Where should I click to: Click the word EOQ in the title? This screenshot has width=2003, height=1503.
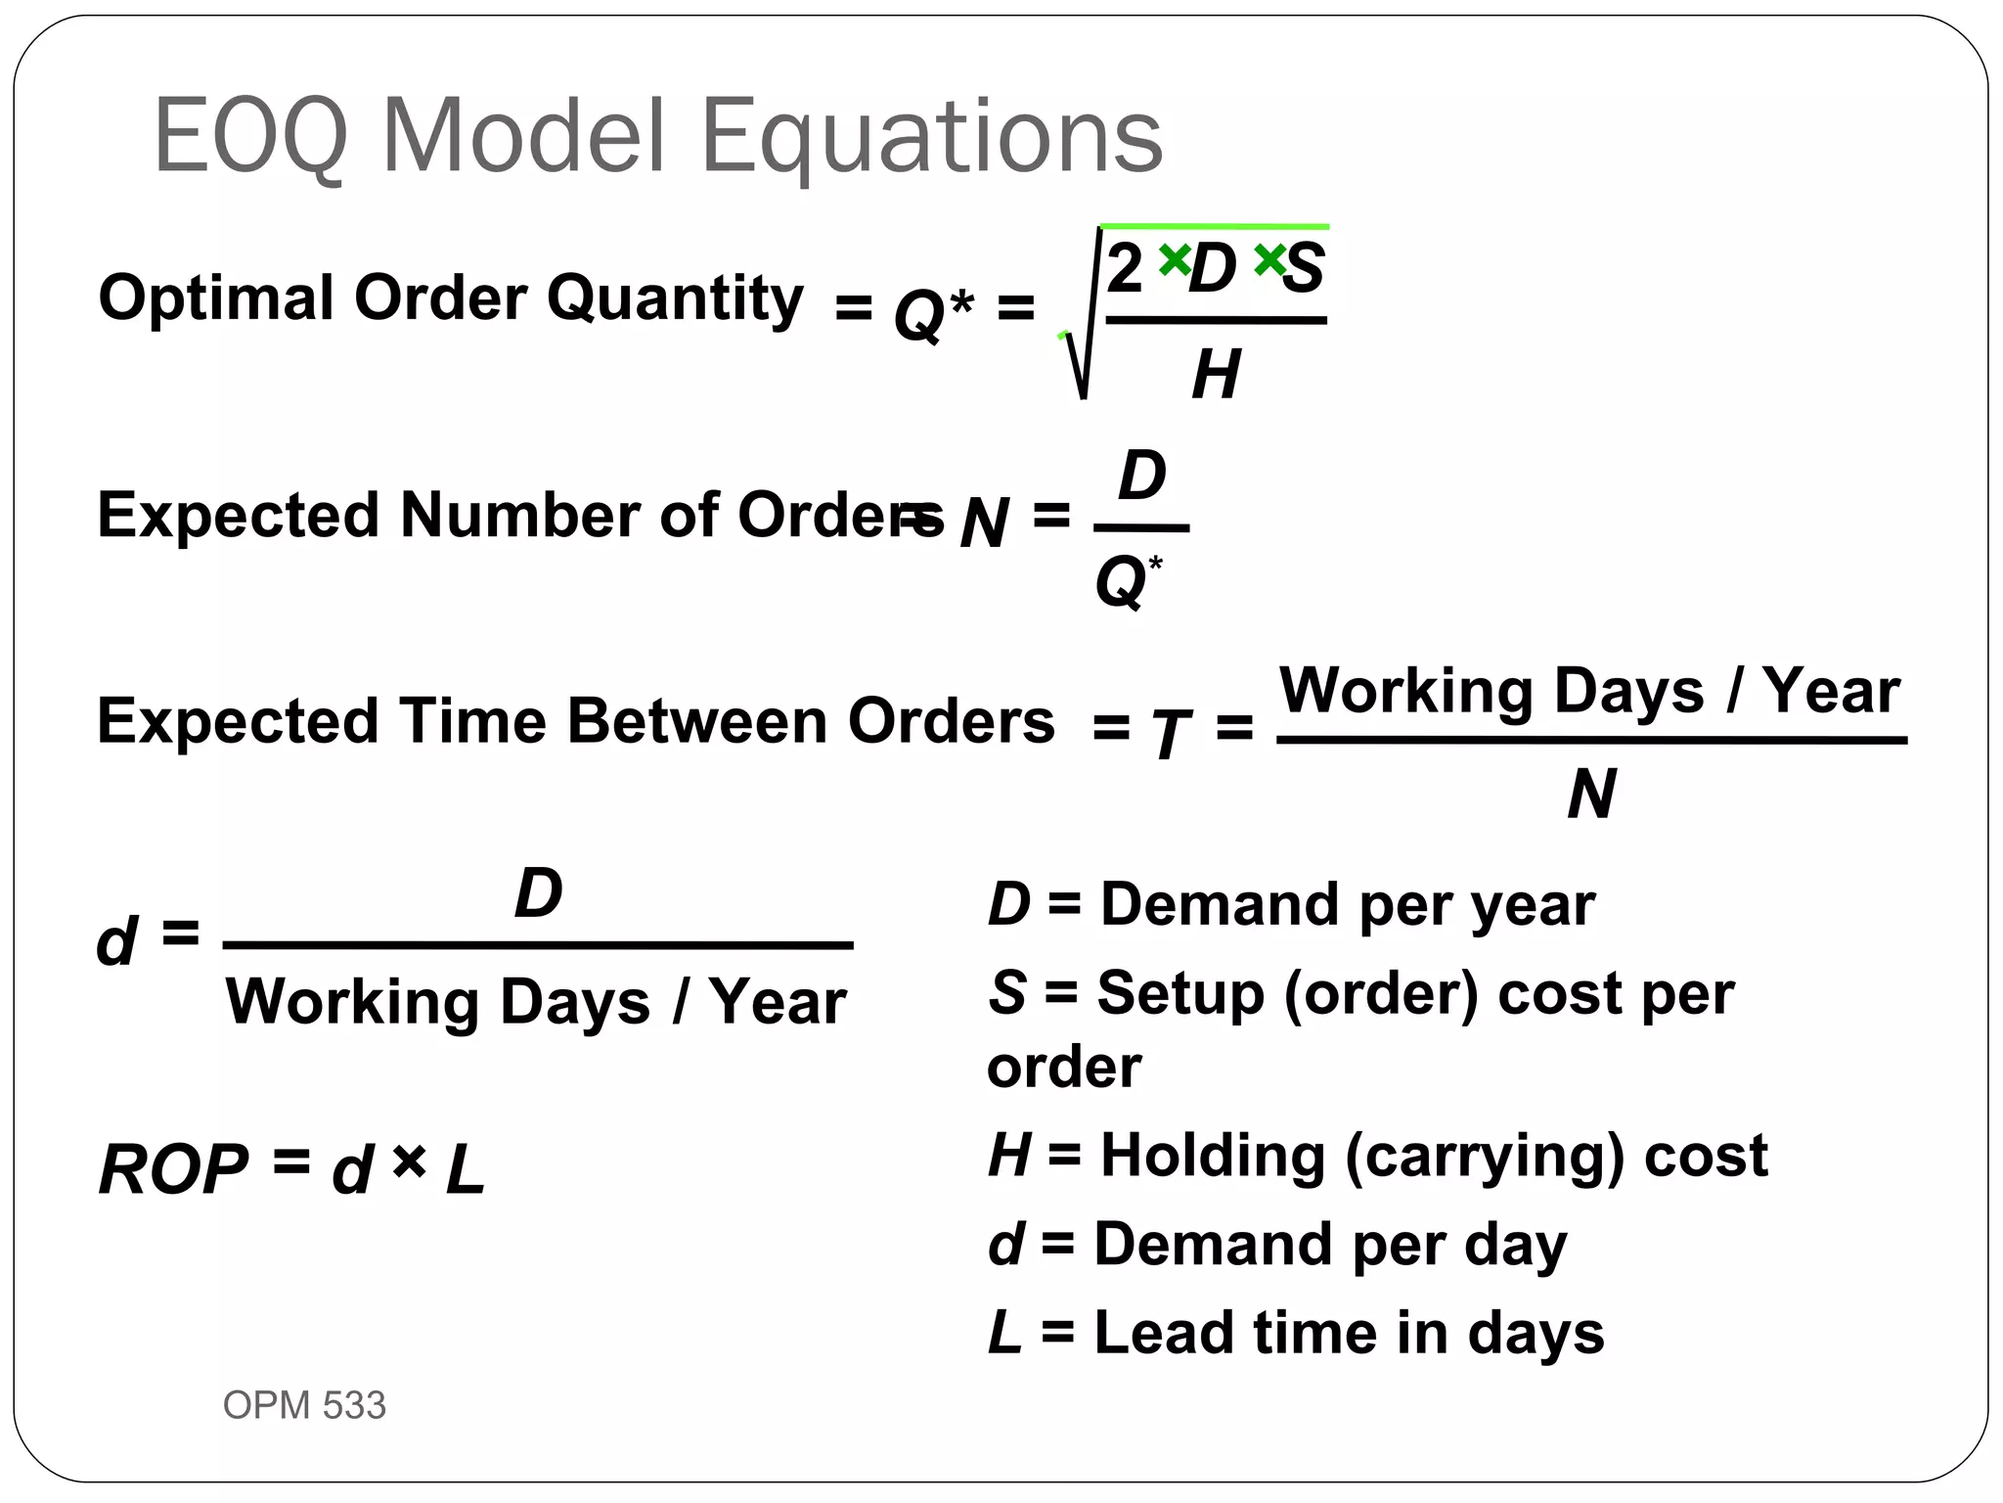[x=250, y=136]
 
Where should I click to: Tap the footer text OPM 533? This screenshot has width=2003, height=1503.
[x=304, y=1405]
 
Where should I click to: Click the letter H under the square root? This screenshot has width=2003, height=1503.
[x=1216, y=375]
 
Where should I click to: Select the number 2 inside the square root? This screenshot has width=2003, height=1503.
[x=1125, y=267]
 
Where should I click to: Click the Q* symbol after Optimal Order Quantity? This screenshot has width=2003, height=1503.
[x=933, y=313]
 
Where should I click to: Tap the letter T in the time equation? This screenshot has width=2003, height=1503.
[x=1170, y=734]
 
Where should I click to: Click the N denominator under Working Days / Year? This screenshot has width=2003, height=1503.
[x=1590, y=795]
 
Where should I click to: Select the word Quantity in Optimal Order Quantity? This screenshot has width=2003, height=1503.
[x=675, y=298]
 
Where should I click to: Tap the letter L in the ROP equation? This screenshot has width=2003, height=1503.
[x=465, y=1170]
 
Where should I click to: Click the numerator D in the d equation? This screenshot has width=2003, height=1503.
[x=538, y=893]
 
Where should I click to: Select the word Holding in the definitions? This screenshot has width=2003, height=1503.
[x=1213, y=1156]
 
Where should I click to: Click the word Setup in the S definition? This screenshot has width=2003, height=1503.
[x=1180, y=993]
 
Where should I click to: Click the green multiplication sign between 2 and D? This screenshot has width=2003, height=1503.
[x=1174, y=259]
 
